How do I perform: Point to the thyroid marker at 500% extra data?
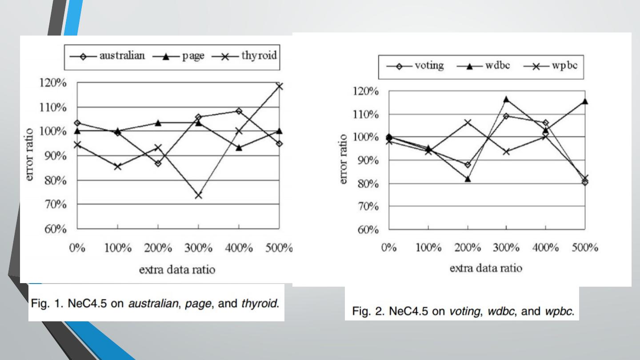tap(279, 86)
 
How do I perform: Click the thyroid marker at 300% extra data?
tap(198, 195)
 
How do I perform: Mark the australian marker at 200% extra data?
tap(158, 164)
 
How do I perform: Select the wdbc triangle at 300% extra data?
tap(506, 99)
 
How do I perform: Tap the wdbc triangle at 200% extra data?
tap(468, 179)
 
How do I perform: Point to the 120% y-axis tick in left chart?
tap(56, 83)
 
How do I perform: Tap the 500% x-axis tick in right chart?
tap(585, 248)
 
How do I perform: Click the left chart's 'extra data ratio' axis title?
tap(177, 270)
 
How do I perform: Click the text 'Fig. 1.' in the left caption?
tap(46, 304)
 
